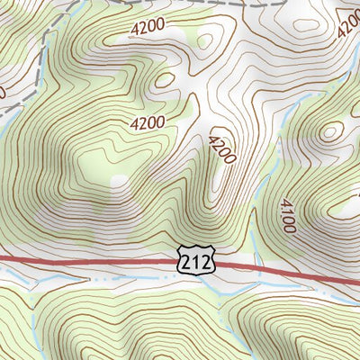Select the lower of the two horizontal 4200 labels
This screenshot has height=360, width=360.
(146, 122)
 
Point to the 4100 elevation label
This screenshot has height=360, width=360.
(287, 217)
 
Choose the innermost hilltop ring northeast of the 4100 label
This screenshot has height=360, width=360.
(331, 131)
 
